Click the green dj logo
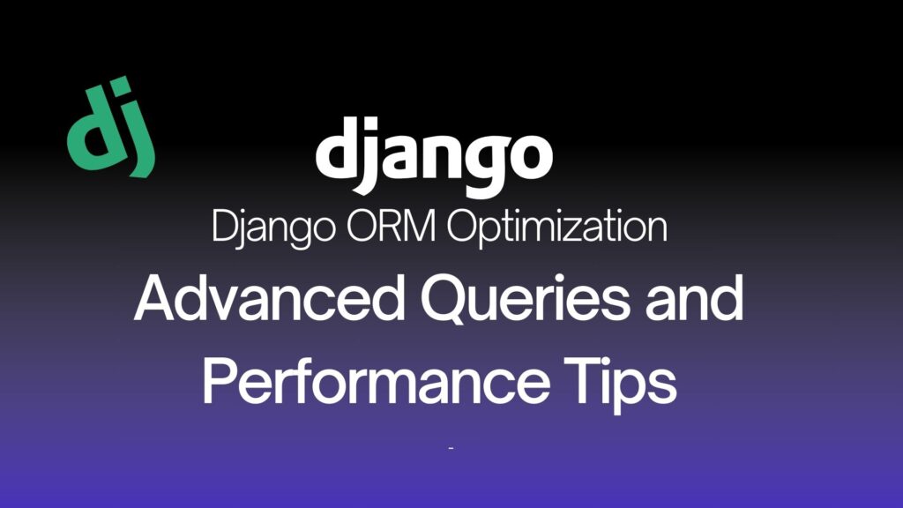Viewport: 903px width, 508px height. (x=111, y=127)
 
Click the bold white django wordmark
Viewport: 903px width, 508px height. (x=434, y=157)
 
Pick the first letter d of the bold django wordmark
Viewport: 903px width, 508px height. (x=339, y=148)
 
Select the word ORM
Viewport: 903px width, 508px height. (x=391, y=227)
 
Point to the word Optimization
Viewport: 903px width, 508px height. (x=557, y=228)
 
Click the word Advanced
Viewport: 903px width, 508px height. (x=270, y=298)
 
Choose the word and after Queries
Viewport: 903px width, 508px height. (x=695, y=298)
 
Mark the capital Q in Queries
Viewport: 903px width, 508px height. (x=444, y=300)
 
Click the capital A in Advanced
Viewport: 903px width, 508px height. (x=156, y=298)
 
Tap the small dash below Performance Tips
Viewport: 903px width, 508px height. (x=451, y=447)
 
